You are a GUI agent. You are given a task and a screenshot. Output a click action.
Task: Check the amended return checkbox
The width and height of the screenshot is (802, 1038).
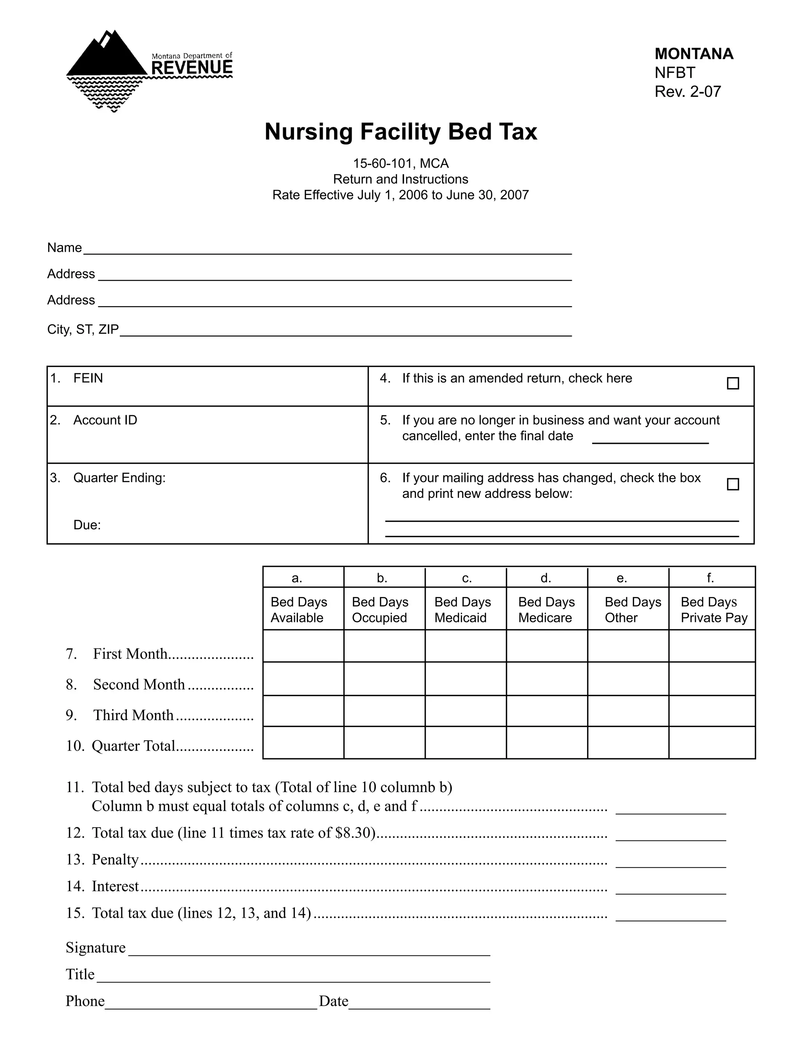click(x=733, y=383)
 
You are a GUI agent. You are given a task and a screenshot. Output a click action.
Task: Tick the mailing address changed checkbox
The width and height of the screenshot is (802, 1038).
click(x=733, y=484)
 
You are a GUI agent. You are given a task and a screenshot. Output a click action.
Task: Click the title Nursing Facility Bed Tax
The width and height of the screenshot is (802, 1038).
click(x=401, y=132)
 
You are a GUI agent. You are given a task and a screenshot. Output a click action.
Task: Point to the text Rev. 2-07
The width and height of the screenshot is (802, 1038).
click(x=688, y=91)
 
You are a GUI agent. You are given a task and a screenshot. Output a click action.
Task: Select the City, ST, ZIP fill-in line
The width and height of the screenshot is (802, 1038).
click(x=345, y=332)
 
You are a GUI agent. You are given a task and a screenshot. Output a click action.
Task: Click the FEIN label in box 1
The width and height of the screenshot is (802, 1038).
click(x=88, y=378)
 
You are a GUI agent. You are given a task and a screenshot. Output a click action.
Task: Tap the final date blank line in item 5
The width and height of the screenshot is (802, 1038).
click(x=650, y=439)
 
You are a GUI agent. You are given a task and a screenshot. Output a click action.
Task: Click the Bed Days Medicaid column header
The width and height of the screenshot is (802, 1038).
click(x=462, y=610)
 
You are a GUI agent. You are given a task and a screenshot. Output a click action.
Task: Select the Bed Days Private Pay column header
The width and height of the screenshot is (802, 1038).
click(x=713, y=610)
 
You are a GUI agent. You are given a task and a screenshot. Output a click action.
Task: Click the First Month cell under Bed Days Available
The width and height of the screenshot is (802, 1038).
click(x=303, y=646)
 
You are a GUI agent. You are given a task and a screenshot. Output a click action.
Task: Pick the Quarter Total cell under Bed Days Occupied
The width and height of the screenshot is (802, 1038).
click(x=385, y=742)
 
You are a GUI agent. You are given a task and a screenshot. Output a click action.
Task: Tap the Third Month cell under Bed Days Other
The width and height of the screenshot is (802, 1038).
click(x=628, y=711)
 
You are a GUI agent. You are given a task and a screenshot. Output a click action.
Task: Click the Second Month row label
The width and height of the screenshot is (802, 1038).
click(x=139, y=684)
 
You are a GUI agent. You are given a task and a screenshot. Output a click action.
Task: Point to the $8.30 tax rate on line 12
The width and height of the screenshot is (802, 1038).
click(x=354, y=833)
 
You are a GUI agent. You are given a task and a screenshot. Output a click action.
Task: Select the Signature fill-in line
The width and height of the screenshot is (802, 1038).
click(x=309, y=951)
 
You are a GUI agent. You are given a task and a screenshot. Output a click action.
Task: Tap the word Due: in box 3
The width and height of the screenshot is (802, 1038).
click(x=87, y=525)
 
